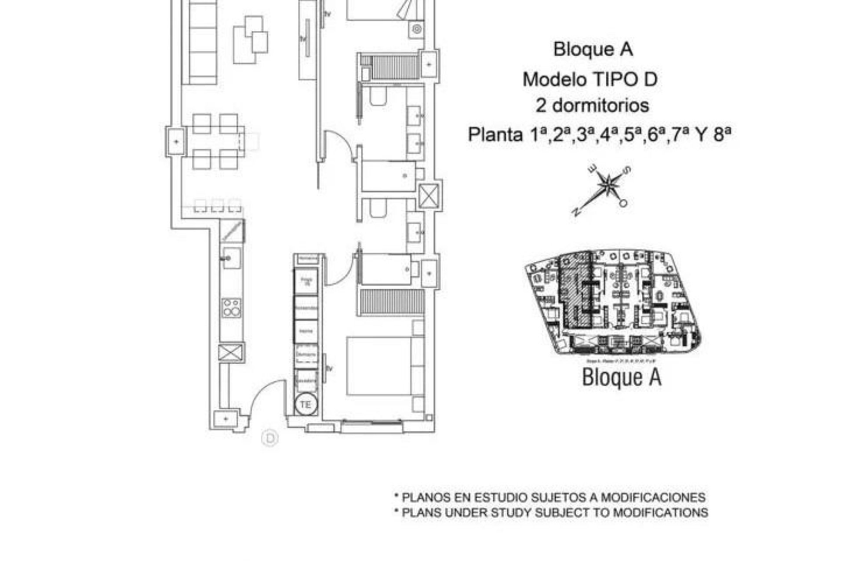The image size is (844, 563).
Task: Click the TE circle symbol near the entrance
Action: point(306,404)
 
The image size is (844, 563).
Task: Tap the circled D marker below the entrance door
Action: point(269,438)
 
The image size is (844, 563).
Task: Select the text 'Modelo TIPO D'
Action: point(590,80)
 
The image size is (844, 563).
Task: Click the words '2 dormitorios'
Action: point(592,106)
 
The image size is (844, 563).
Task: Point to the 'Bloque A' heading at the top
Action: point(593,49)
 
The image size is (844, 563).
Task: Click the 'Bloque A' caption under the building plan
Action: point(621,377)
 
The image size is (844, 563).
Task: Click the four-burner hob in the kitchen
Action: point(231,308)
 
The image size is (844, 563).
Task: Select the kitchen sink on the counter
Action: point(231,258)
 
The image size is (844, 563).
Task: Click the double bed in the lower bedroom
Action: point(379,366)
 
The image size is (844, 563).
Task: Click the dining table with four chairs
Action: point(215,142)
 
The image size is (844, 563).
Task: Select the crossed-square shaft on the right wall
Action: point(428,196)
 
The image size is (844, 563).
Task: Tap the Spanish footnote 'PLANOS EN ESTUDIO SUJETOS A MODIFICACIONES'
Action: point(550,497)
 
